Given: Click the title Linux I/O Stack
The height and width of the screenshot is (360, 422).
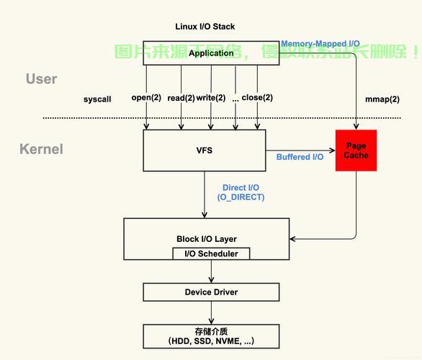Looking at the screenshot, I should click(x=205, y=27).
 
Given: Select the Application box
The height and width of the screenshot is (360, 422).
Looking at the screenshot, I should click(x=211, y=53).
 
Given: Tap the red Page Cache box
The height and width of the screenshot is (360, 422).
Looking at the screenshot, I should click(x=356, y=150).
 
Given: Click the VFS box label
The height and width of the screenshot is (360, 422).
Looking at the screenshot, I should click(x=205, y=150).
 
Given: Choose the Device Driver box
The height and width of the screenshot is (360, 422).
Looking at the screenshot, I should click(x=211, y=292).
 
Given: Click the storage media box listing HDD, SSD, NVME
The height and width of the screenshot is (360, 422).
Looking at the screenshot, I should click(x=211, y=336).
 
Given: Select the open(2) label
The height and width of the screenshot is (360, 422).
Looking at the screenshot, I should click(x=146, y=98).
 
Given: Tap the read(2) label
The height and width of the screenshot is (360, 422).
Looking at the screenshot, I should click(x=181, y=98).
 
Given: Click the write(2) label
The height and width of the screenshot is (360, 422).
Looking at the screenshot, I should click(x=211, y=98).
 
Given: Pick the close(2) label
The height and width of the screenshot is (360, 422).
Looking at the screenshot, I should click(x=256, y=98).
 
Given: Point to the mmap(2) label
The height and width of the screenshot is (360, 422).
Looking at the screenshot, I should click(x=382, y=99).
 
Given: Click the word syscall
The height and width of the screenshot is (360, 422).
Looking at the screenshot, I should click(x=97, y=99).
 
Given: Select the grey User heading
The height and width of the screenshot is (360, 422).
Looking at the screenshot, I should click(x=41, y=79).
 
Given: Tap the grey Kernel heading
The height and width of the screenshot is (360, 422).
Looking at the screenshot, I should click(x=41, y=149).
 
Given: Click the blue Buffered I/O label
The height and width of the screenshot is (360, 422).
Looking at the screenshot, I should click(x=300, y=157).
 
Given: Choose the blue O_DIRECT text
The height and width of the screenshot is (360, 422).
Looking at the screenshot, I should click(x=241, y=197).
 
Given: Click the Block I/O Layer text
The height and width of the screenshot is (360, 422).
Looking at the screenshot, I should click(x=207, y=239).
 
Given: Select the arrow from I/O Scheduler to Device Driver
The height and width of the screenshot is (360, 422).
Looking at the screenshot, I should click(x=212, y=271).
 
